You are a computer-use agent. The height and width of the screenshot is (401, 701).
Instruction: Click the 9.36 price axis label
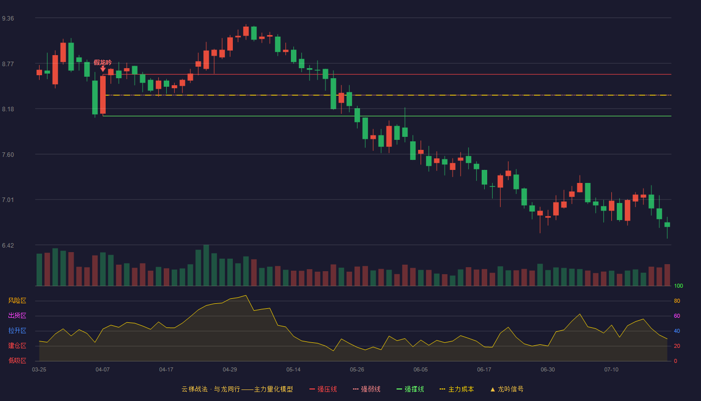(8, 19)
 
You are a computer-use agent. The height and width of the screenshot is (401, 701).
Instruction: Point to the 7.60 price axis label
(8, 155)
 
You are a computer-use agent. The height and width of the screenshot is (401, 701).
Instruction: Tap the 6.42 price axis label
(8, 245)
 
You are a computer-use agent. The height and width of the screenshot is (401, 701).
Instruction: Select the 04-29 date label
(230, 370)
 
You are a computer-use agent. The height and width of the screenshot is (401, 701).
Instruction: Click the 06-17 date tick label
(484, 370)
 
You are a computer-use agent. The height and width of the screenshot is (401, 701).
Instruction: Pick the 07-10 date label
(611, 370)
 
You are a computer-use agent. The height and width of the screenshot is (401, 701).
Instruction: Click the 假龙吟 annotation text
(103, 62)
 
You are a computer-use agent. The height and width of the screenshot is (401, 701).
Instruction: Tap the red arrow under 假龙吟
(103, 69)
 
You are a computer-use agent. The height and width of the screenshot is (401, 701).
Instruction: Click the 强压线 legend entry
(323, 389)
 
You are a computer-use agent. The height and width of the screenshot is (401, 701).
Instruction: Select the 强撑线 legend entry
(410, 389)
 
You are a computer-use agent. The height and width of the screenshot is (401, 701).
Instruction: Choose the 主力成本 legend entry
(457, 389)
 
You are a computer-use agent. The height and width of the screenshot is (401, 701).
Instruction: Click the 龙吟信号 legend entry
(507, 389)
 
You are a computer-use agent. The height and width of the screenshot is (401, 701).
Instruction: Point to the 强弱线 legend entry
(367, 389)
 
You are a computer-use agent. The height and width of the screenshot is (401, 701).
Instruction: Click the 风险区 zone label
(17, 301)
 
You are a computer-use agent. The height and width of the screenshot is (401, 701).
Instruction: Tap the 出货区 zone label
(17, 315)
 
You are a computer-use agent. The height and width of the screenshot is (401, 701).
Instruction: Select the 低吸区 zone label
(17, 360)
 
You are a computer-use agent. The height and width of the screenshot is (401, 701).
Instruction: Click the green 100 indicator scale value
(678, 286)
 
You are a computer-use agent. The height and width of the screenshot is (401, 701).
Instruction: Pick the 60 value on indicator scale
(677, 316)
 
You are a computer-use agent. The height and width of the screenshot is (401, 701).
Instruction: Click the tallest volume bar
(206, 265)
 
